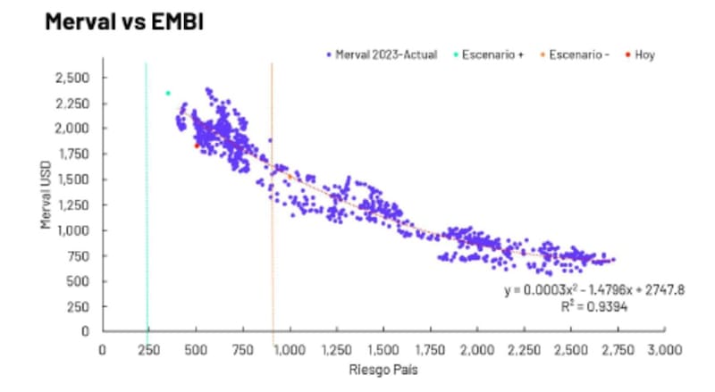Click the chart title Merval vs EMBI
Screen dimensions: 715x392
pos(124,21)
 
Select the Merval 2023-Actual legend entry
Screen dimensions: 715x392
pos(382,54)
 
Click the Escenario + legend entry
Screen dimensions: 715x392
pos(488,54)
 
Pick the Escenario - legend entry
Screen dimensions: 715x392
pos(575,54)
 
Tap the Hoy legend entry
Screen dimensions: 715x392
pos(640,54)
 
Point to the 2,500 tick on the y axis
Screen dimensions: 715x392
pos(72,78)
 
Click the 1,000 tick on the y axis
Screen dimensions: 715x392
pos(73,230)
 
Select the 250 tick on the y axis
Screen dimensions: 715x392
pos(78,307)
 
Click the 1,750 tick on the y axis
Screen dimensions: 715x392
pos(73,154)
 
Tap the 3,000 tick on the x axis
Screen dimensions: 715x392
pos(664,350)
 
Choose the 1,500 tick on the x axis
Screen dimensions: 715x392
pos(383,350)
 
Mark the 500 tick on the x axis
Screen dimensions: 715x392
pos(196,350)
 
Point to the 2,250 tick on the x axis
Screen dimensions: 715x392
pos(524,350)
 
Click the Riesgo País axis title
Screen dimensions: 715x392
pos(383,370)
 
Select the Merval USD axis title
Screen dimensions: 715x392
pos(46,195)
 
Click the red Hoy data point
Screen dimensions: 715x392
pos(197,146)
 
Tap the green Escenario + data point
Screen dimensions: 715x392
pos(168,94)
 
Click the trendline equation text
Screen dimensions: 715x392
pos(594,290)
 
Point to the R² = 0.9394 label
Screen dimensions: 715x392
pos(594,307)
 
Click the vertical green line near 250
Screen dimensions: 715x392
pos(147,197)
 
